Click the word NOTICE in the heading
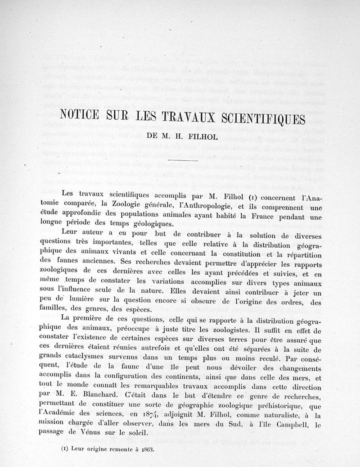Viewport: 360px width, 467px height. [82, 119]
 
